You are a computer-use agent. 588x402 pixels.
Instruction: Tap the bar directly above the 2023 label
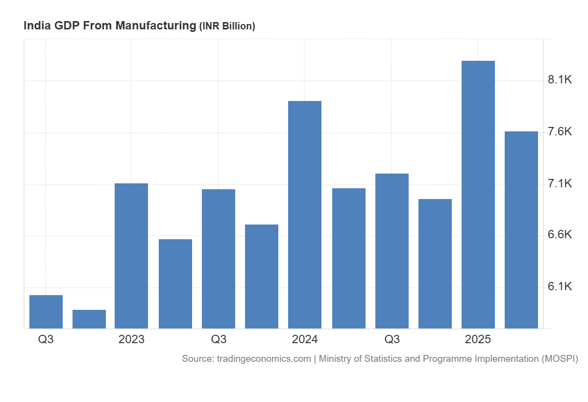(131, 255)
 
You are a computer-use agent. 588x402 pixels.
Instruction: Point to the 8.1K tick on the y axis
(560, 80)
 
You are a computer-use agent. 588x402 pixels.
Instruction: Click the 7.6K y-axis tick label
(560, 132)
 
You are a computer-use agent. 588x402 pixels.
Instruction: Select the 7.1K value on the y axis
(560, 184)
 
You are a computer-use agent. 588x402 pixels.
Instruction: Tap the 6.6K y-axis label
(560, 235)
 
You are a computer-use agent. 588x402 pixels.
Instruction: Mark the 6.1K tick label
(560, 287)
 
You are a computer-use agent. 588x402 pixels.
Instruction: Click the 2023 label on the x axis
(131, 339)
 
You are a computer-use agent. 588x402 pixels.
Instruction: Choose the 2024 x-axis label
(305, 339)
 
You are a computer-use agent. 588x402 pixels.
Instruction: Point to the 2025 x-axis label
(478, 339)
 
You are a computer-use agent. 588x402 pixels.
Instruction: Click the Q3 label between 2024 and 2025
(392, 339)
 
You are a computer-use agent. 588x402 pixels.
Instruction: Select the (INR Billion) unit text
(227, 26)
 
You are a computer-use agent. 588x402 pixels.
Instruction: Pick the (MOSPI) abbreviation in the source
(560, 359)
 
